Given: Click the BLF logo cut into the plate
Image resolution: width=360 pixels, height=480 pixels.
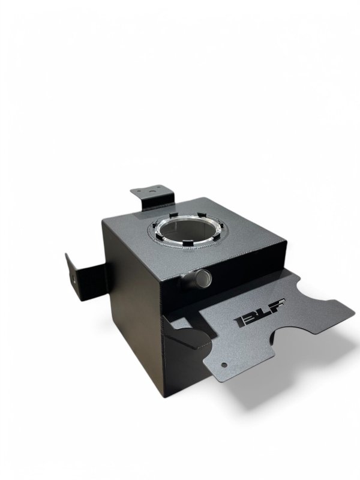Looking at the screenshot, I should click(260, 314).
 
